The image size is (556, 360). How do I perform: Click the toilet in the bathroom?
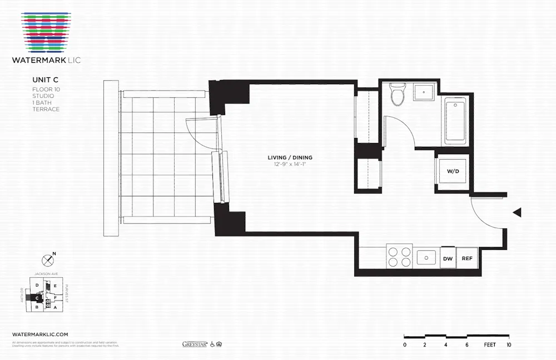click(x=397, y=95)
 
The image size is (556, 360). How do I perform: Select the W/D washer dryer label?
click(x=453, y=171)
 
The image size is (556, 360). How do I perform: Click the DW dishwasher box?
click(x=448, y=258)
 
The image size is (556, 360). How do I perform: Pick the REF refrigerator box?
click(x=467, y=258)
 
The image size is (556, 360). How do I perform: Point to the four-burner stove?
click(x=399, y=257)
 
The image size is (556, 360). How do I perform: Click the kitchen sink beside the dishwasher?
click(x=426, y=257)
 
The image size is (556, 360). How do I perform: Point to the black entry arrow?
click(x=517, y=213)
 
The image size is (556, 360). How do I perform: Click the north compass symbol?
click(x=48, y=259)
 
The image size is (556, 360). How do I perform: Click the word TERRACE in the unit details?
click(x=46, y=109)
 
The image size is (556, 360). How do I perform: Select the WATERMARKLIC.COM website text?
click(x=40, y=334)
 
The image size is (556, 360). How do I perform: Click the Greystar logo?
click(x=195, y=344)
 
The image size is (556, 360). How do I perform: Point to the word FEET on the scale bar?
click(x=489, y=345)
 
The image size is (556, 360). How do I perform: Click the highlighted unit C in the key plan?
click(x=37, y=298)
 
